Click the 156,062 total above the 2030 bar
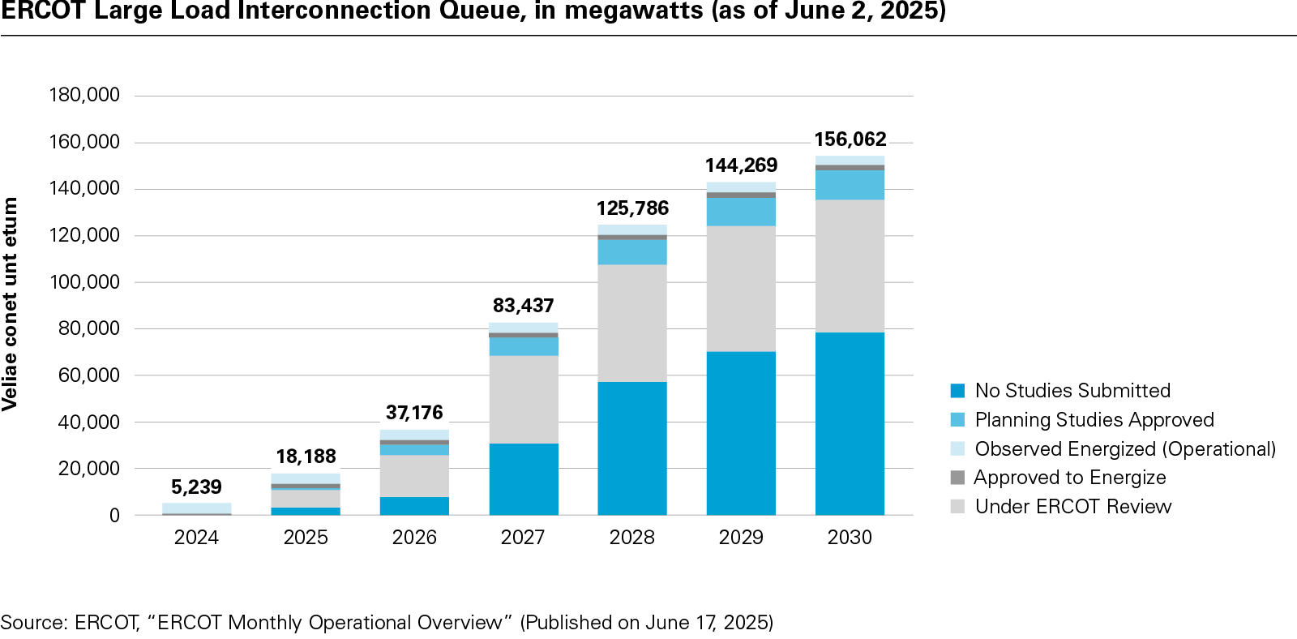point(850,139)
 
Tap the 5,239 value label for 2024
point(196,487)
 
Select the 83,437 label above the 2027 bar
point(523,306)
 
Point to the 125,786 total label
point(632,208)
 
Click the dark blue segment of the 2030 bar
point(850,423)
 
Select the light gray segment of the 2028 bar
point(632,323)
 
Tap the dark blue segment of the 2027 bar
point(523,478)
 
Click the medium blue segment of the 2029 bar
point(741,212)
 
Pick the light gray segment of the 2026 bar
point(414,475)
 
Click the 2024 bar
point(196,508)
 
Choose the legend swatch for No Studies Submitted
point(957,391)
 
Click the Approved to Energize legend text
point(1070,478)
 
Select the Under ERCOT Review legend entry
point(1073,507)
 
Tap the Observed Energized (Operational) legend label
point(1125,449)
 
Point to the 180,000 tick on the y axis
point(84,95)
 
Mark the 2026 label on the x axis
point(414,538)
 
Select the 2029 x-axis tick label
point(741,538)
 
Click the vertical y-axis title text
point(11,304)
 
